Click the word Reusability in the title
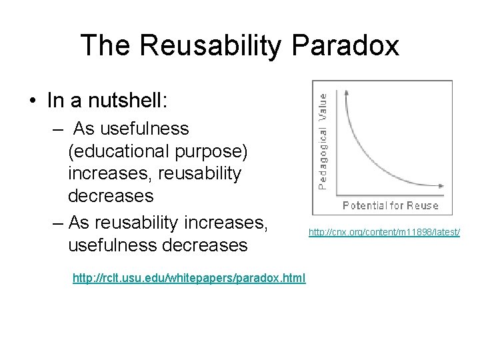point(214,45)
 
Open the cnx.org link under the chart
point(384,232)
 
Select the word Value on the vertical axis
point(323,106)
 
